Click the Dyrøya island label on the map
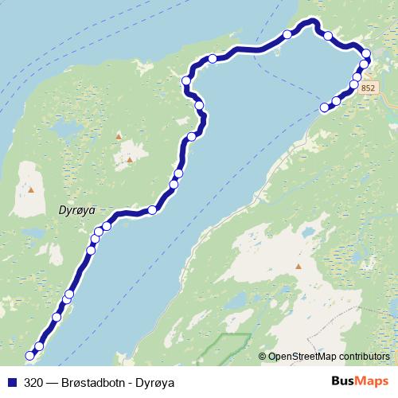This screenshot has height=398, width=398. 78,210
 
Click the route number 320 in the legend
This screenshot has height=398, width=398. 34,382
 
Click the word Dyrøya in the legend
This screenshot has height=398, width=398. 155,382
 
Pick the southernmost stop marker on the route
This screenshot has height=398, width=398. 31,355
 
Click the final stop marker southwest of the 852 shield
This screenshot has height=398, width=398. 324,107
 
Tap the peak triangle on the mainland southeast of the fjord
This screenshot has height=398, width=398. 298,267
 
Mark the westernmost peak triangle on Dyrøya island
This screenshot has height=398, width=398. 31,189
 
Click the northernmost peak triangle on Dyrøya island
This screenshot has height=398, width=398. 119,137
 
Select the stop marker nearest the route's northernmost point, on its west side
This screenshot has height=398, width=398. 287,34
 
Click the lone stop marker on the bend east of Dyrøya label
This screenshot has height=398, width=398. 152,210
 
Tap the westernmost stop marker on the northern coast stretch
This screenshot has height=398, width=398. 186,80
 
